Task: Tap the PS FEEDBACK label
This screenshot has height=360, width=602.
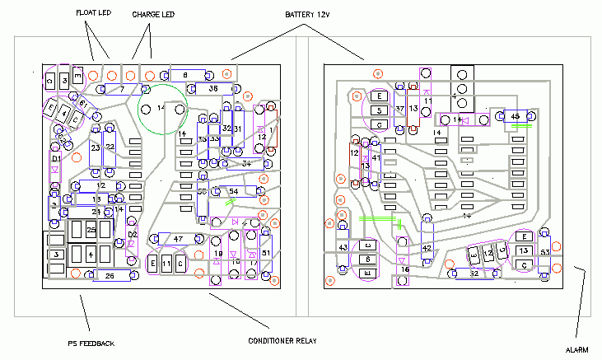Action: pyautogui.click(x=91, y=344)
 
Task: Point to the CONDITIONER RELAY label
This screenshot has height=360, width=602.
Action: pyautogui.click(x=283, y=341)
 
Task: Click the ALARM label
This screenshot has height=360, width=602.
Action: pyautogui.click(x=577, y=350)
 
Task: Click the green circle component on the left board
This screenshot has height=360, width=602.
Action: pyautogui.click(x=161, y=109)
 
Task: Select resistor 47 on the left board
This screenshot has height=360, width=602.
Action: pyautogui.click(x=177, y=239)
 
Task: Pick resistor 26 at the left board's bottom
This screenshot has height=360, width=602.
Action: pyautogui.click(x=110, y=276)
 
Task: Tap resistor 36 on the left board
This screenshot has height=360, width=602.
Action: pyautogui.click(x=212, y=88)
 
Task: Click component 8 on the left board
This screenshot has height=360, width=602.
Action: pyautogui.click(x=186, y=75)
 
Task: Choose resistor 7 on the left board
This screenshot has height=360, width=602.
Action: pyautogui.click(x=121, y=88)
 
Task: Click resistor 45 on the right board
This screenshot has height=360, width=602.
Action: pyautogui.click(x=515, y=118)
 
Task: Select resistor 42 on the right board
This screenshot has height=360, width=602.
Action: pyautogui.click(x=427, y=248)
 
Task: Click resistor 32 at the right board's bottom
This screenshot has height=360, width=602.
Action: pyautogui.click(x=474, y=274)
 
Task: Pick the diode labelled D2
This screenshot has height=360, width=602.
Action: pyautogui.click(x=132, y=235)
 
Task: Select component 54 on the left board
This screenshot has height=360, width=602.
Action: pyautogui.click(x=233, y=191)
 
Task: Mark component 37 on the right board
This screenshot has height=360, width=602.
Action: pyautogui.click(x=399, y=109)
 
